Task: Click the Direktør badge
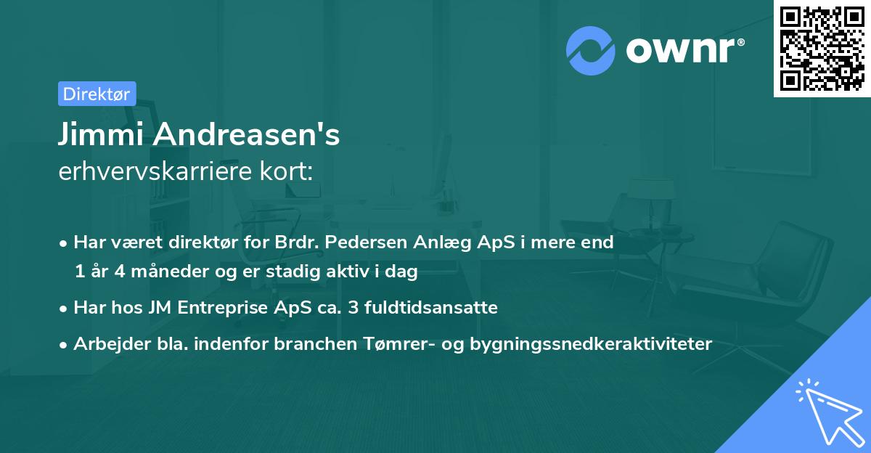click(97, 94)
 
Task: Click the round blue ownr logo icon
click(590, 50)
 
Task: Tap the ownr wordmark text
click(683, 50)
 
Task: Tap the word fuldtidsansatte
click(433, 307)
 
